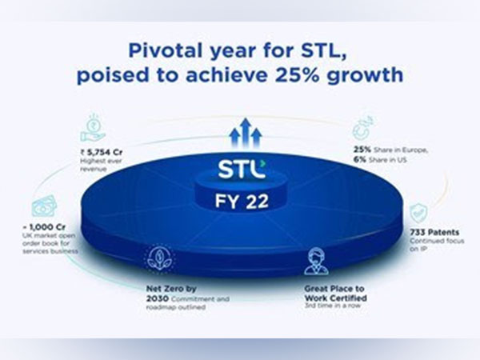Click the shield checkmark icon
[x=418, y=214]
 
